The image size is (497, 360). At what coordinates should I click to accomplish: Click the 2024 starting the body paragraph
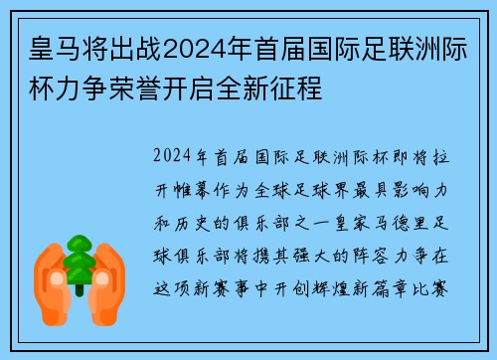tap(175, 158)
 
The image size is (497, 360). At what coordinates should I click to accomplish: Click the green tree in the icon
tap(79, 257)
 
